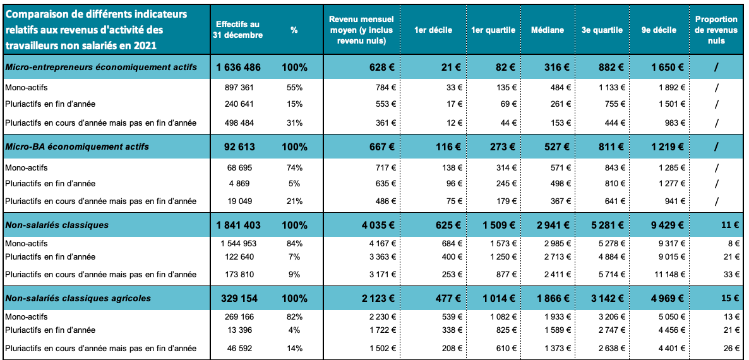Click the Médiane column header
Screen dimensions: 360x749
pos(548,30)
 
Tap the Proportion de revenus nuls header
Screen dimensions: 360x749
pos(716,30)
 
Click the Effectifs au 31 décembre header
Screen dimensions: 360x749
pos(239,30)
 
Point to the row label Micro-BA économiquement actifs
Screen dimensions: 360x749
pos(77,147)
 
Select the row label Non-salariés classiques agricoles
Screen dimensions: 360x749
pos(78,298)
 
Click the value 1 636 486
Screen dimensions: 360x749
pos(239,68)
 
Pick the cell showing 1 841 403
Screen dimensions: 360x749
pos(239,225)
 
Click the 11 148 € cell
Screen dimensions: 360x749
pos(664,275)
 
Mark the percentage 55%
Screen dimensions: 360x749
pos(294,87)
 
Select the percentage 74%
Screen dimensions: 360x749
pos(294,168)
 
